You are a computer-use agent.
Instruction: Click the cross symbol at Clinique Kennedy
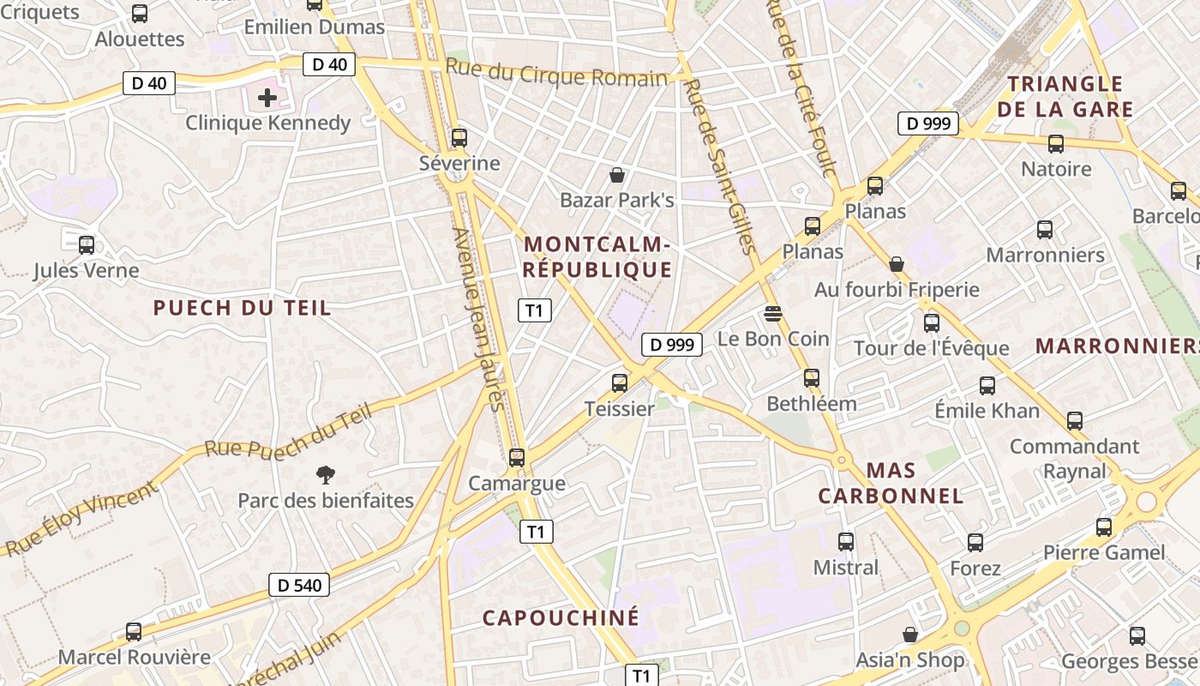point(267,97)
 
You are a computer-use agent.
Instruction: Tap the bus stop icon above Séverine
point(459,137)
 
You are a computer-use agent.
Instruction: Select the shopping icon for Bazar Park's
point(616,176)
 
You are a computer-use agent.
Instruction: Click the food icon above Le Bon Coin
point(772,314)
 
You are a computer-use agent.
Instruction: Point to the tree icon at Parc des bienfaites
point(325,474)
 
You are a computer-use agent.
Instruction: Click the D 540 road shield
point(300,586)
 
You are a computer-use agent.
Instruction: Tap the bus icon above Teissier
point(620,383)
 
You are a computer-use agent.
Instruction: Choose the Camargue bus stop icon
point(516,458)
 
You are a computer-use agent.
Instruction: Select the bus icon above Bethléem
point(811,378)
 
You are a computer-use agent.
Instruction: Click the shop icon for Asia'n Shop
point(910,635)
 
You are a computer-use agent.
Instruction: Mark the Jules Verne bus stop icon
point(86,245)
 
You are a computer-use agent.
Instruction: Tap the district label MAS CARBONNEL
point(891,483)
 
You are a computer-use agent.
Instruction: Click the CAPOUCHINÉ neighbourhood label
point(561,617)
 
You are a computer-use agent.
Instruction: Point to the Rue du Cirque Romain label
point(556,73)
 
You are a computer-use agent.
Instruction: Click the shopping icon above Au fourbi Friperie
point(897,264)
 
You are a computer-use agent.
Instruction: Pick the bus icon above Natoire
point(1055,144)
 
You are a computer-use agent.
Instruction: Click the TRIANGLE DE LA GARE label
point(1065,96)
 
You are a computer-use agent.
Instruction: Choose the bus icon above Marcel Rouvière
point(133,632)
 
